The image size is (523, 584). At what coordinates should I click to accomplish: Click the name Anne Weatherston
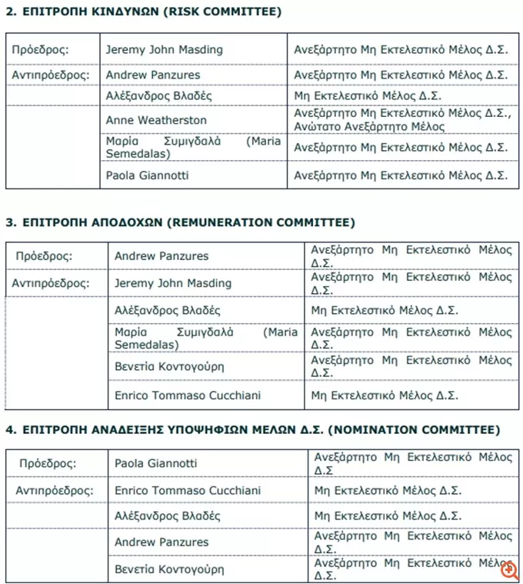pyautogui.click(x=156, y=120)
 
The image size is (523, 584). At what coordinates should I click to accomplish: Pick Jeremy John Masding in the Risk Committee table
pyautogui.click(x=164, y=50)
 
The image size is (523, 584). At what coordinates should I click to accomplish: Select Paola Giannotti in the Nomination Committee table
pyautogui.click(x=155, y=463)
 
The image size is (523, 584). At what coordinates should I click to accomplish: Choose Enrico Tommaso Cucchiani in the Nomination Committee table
pyautogui.click(x=187, y=490)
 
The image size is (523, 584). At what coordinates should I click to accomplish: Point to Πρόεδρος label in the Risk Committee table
pyautogui.click(x=40, y=50)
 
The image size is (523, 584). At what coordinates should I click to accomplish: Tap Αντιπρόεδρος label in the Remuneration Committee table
pyautogui.click(x=51, y=282)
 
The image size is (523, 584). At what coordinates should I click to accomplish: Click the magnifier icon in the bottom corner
pyautogui.click(x=508, y=569)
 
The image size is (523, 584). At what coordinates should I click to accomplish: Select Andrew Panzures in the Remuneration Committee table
pyautogui.click(x=162, y=255)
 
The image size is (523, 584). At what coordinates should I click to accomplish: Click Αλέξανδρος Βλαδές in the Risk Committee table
pyautogui.click(x=159, y=96)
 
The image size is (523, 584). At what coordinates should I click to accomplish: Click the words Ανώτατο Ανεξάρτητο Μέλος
pyautogui.click(x=369, y=127)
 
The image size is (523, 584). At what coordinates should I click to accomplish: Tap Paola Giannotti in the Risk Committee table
pyautogui.click(x=147, y=175)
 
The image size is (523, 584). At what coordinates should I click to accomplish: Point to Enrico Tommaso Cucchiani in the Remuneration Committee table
pyautogui.click(x=187, y=395)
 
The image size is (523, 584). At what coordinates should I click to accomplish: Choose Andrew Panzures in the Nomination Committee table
pyautogui.click(x=162, y=542)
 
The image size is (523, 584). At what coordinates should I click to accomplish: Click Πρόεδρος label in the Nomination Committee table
pyautogui.click(x=48, y=463)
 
